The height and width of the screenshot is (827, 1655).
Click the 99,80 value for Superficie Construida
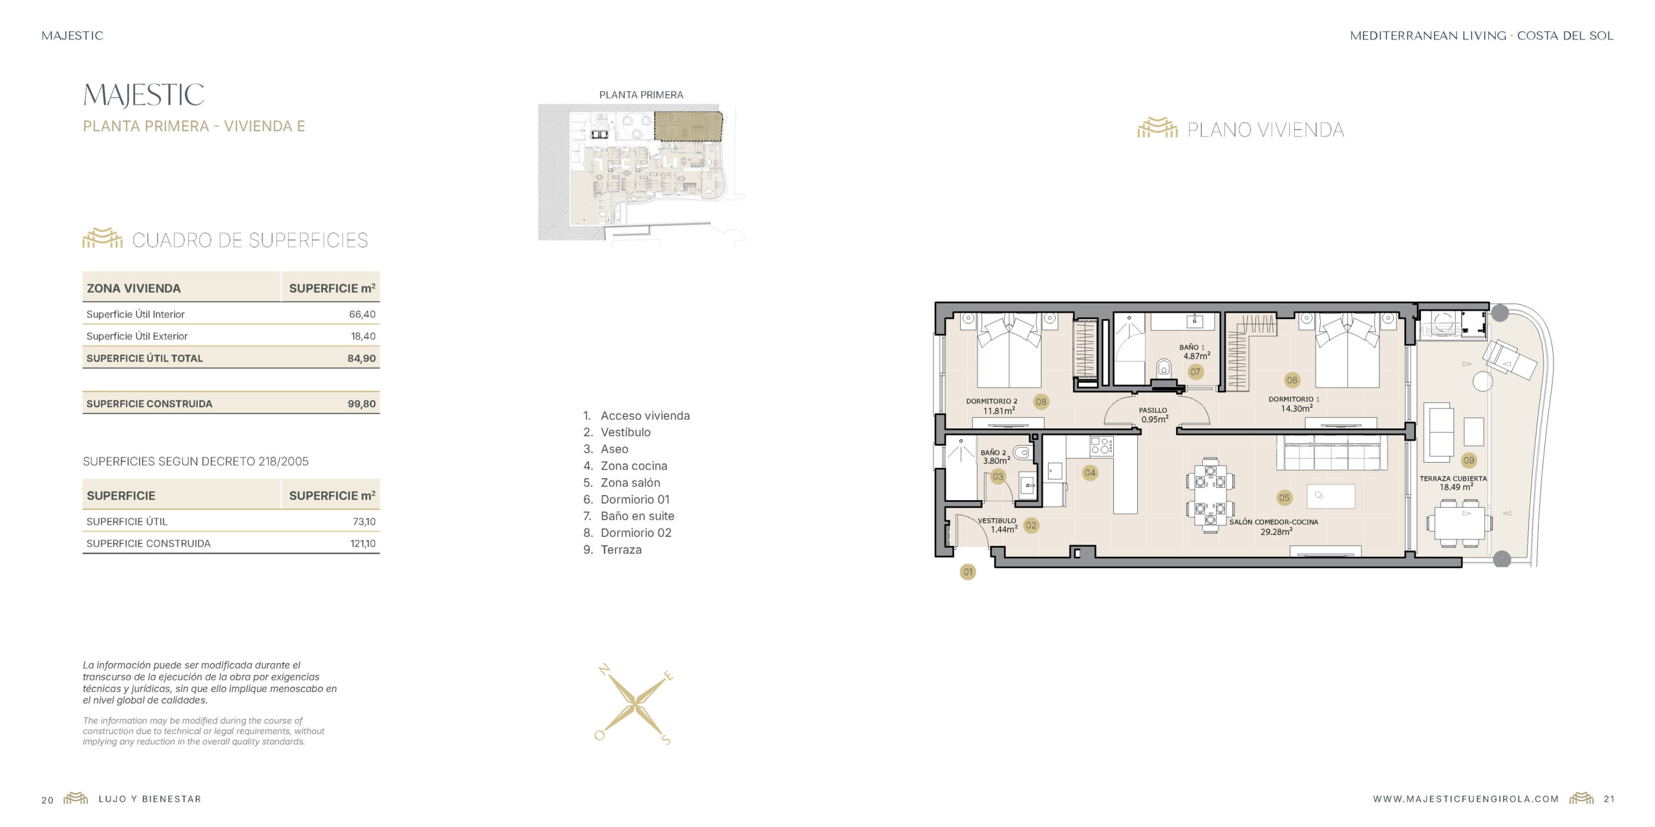[x=361, y=404]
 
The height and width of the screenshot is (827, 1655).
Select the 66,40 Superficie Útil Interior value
[x=362, y=315]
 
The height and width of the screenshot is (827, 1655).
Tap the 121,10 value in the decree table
[x=363, y=544]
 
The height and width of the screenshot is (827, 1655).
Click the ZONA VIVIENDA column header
[x=134, y=289]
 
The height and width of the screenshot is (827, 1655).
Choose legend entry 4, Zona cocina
[x=625, y=466]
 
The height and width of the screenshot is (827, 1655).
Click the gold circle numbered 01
[x=968, y=572]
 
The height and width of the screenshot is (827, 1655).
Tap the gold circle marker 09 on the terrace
[x=1469, y=461]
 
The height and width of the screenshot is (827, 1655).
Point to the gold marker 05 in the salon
[x=1284, y=498]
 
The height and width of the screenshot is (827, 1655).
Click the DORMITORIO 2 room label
[x=992, y=401]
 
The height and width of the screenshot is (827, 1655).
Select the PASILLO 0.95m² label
[x=1154, y=415]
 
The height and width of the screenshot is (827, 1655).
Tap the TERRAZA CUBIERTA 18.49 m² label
[x=1453, y=483]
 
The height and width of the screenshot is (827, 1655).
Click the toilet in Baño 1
[x=1164, y=369]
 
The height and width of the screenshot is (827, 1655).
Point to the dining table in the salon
[x=1210, y=496]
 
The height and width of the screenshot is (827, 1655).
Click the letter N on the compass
[x=604, y=669]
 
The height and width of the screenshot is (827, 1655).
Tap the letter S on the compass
[x=667, y=740]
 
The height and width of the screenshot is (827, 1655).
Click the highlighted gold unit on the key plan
[x=689, y=126]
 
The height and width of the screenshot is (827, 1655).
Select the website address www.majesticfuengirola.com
[x=1466, y=799]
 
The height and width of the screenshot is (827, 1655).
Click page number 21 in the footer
[x=1609, y=799]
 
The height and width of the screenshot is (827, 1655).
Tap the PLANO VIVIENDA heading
[x=1265, y=130]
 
